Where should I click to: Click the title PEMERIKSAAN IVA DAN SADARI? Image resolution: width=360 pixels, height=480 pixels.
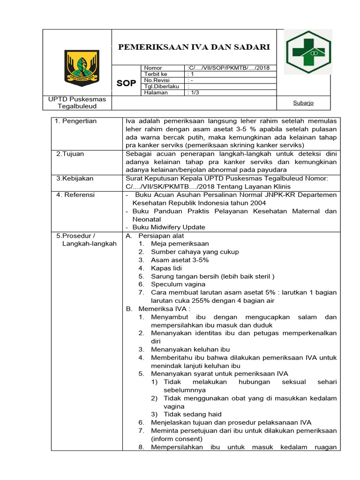click(x=194, y=47)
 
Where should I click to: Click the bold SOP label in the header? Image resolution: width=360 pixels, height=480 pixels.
click(x=126, y=83)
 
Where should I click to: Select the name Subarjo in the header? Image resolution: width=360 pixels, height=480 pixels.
click(x=303, y=103)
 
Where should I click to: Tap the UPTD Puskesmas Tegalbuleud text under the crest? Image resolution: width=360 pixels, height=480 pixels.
click(x=77, y=103)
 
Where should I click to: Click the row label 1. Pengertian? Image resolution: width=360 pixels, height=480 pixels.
click(x=75, y=121)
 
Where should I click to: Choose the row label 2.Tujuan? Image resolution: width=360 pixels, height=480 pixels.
click(x=70, y=154)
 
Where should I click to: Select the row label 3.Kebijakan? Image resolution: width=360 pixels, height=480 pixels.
click(x=75, y=178)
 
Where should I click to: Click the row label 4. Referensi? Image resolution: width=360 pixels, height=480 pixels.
click(x=75, y=195)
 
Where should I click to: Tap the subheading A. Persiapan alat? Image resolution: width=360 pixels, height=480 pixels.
click(x=155, y=236)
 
